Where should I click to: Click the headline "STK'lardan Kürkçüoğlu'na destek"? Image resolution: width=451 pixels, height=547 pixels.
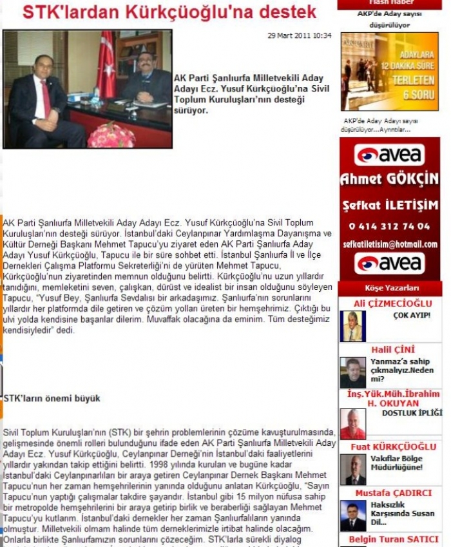169,12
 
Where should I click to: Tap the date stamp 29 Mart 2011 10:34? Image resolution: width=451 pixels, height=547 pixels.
300,35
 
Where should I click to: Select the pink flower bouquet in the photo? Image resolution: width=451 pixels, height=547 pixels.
111,135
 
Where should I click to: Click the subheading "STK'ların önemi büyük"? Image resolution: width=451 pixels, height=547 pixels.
52,399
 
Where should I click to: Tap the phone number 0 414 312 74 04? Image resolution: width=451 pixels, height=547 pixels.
389,226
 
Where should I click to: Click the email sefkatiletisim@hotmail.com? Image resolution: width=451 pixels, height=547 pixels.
389,245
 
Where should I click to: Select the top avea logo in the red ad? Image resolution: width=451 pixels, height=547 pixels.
389,155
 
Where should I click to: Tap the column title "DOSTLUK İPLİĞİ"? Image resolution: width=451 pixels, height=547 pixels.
412,413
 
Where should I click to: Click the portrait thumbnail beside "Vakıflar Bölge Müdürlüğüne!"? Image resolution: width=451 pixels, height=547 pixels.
352,470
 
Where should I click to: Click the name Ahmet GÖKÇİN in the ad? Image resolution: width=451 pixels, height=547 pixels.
389,179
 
